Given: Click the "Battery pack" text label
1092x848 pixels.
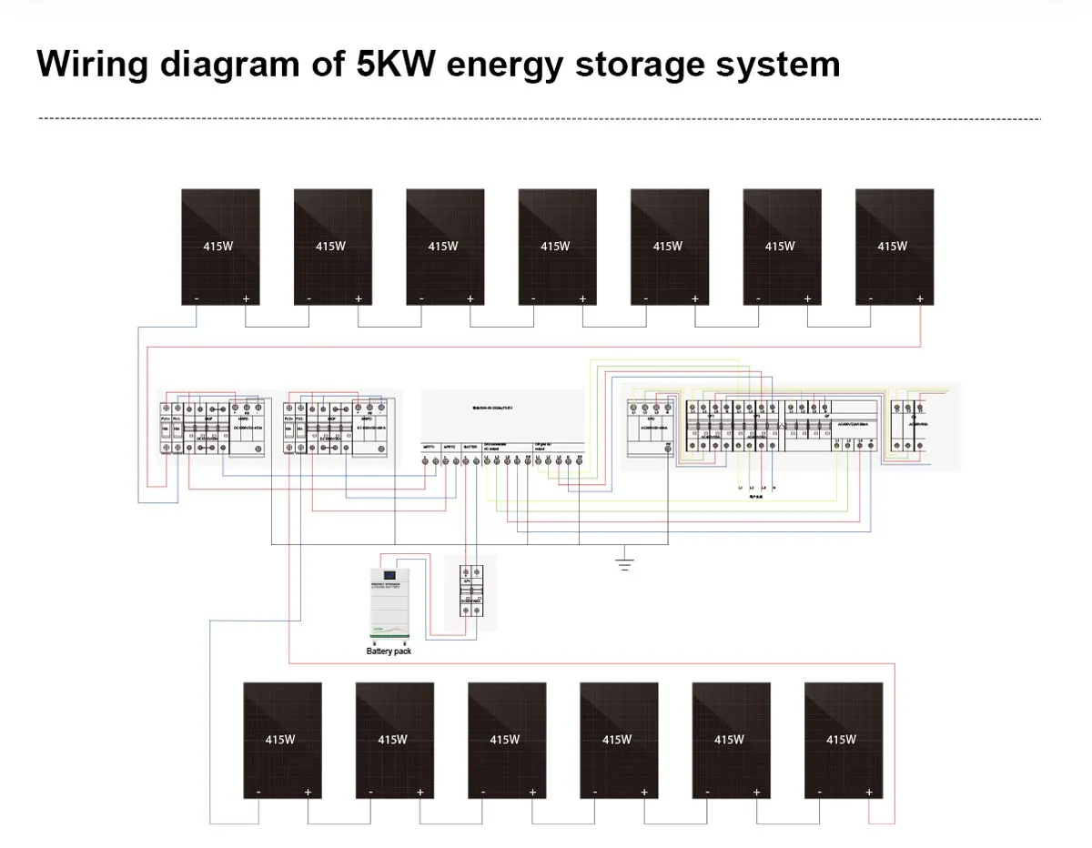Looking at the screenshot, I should coord(389,651).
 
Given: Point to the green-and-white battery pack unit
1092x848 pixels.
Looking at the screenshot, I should coord(389,605).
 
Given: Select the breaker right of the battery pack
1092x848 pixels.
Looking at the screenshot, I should coord(470,591).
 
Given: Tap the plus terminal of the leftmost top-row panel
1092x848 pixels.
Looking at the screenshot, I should coord(246,298).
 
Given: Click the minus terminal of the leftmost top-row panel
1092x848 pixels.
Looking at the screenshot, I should coord(197,298).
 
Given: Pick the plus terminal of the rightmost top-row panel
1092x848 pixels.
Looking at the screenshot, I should coord(919,298).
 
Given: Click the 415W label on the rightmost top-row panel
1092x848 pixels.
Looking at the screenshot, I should coord(892,246).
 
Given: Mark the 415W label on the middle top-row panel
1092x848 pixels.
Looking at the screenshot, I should coord(555,246).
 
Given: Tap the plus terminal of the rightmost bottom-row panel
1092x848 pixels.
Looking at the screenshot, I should coord(869,792).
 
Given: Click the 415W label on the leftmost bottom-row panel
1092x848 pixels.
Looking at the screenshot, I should coord(280,740).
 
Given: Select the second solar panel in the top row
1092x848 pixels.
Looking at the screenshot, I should coord(332,246).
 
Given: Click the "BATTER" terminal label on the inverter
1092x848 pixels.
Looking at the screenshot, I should coord(470,447).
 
